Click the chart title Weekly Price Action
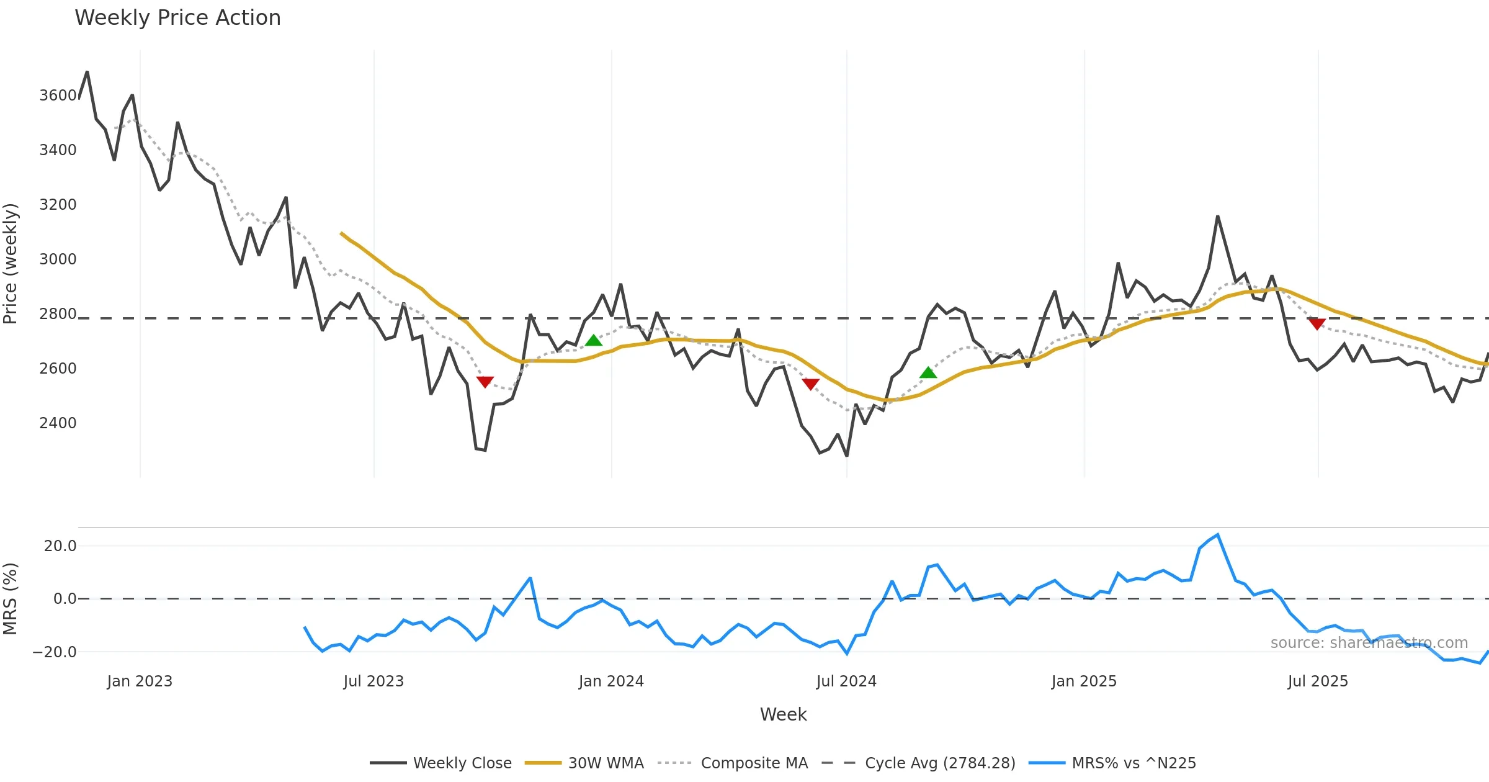pyautogui.click(x=177, y=18)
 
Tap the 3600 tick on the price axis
pyautogui.click(x=58, y=96)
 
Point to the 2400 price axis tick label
pyautogui.click(x=58, y=423)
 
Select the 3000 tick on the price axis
pyautogui.click(x=58, y=259)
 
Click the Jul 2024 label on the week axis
pyautogui.click(x=846, y=681)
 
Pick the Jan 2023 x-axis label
pyautogui.click(x=140, y=681)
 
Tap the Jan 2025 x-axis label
pyautogui.click(x=1084, y=681)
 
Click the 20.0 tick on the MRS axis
pyautogui.click(x=60, y=546)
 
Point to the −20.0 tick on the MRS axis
pyautogui.click(x=55, y=652)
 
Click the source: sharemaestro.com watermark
pyautogui.click(x=1369, y=643)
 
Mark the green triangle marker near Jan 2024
pyautogui.click(x=594, y=340)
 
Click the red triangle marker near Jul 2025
pyautogui.click(x=1317, y=324)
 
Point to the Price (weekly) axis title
pyautogui.click(x=11, y=264)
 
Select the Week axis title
pyautogui.click(x=783, y=715)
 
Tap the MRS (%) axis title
pyautogui.click(x=11, y=599)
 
